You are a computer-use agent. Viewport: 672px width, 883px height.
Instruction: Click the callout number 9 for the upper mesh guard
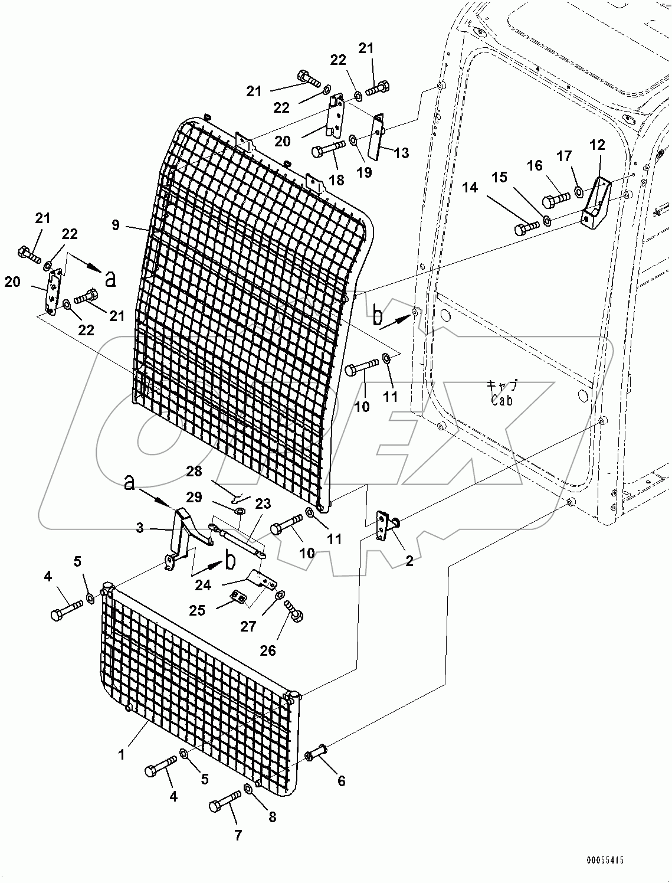[115, 224]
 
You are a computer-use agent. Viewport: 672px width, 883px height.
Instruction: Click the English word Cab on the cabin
[501, 400]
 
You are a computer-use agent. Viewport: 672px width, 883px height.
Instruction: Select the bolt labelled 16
[555, 200]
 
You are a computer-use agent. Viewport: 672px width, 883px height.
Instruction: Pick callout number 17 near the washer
[565, 156]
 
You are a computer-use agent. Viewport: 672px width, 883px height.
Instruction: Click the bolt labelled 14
[527, 227]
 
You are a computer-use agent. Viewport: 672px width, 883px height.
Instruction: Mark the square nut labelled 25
[238, 598]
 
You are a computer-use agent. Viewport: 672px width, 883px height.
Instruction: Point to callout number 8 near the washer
[271, 817]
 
